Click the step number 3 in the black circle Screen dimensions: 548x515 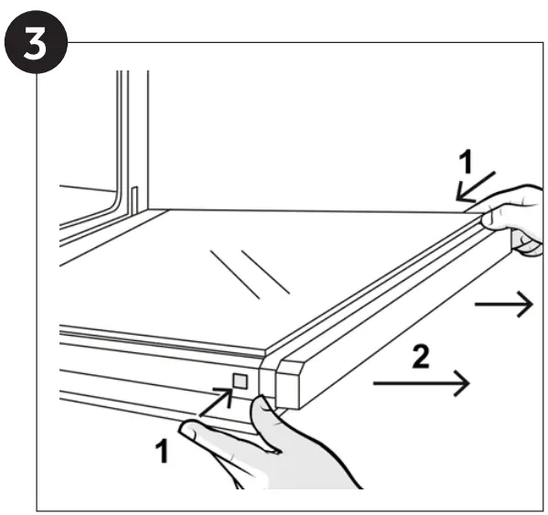(36, 44)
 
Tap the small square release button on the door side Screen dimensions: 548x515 (240, 381)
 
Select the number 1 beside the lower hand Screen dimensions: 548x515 (163, 451)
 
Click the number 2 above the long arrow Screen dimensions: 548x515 (421, 356)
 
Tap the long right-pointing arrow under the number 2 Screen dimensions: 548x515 (421, 383)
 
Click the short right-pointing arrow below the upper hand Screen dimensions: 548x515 (503, 305)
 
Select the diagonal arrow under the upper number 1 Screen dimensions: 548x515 (476, 187)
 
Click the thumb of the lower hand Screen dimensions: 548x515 (263, 423)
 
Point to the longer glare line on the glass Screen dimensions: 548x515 (235, 274)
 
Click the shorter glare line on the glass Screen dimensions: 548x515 (265, 272)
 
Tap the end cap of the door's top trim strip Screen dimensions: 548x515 (287, 385)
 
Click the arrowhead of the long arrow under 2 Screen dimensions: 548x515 (462, 383)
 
